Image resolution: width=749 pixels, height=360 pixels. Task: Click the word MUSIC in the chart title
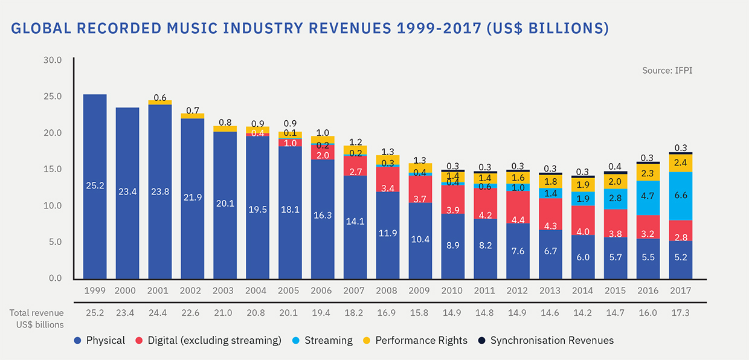pyautogui.click(x=192, y=28)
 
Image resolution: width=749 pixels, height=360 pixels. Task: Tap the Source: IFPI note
pyautogui.click(x=667, y=71)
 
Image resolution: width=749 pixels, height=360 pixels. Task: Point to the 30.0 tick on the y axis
pyautogui.click(x=53, y=60)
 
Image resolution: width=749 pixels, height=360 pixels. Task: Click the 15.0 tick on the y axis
pyautogui.click(x=53, y=169)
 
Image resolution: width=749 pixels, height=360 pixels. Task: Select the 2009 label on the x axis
pyautogui.click(x=419, y=291)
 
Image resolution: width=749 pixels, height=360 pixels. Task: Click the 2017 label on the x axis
pyautogui.click(x=681, y=291)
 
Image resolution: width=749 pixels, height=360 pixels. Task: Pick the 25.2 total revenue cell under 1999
pyautogui.click(x=95, y=313)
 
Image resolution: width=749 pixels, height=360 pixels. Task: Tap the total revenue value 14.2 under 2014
pyautogui.click(x=582, y=313)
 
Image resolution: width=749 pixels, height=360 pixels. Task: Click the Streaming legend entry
pyautogui.click(x=323, y=340)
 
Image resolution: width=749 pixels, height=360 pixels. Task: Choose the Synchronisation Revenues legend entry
pyautogui.click(x=546, y=340)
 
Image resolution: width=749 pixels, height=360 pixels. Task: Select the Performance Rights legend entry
pyautogui.click(x=415, y=340)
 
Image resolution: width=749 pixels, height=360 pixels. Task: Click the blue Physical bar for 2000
pyautogui.click(x=127, y=193)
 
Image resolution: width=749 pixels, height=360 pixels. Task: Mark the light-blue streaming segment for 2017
pyautogui.click(x=681, y=196)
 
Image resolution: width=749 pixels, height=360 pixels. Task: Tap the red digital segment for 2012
pyautogui.click(x=518, y=207)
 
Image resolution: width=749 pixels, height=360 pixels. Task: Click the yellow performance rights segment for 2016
pyautogui.click(x=648, y=173)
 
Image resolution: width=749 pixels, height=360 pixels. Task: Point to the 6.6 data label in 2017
pyautogui.click(x=681, y=195)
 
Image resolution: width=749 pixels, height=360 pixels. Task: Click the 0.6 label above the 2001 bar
pyautogui.click(x=160, y=97)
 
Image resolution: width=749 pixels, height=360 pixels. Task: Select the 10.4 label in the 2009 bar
pyautogui.click(x=420, y=239)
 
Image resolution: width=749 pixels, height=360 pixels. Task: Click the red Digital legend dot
pyautogui.click(x=139, y=341)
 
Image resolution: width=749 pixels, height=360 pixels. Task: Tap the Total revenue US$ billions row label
pyautogui.click(x=36, y=319)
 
